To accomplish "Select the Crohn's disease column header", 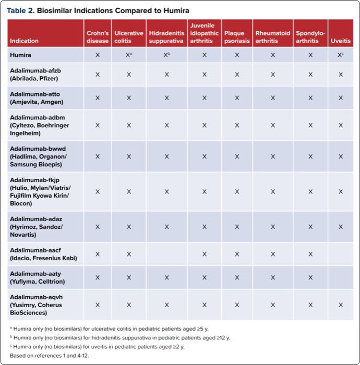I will [98, 37].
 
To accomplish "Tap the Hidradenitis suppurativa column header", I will [166, 37].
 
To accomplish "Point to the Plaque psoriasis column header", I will [237, 37].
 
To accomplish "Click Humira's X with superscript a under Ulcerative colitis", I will [129, 55].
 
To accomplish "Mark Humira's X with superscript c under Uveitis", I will [341, 55].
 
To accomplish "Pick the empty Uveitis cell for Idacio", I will [341, 254].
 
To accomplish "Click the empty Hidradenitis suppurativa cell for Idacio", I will [166, 254].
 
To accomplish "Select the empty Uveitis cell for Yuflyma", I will [341, 277].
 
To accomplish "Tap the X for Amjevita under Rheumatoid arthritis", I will [273, 98].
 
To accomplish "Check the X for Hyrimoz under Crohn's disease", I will [98, 227].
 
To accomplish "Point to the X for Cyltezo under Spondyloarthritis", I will [310, 125].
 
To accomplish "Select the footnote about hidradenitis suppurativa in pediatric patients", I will [120, 337].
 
